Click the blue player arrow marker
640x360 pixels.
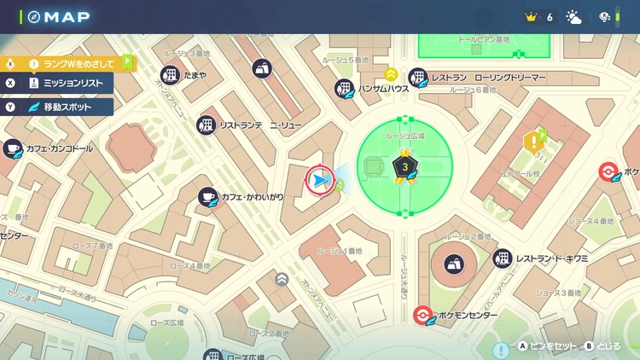coord(319,179)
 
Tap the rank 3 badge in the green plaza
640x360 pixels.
coord(405,167)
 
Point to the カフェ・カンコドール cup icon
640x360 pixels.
coord(11,149)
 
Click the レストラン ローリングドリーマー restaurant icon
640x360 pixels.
coord(418,78)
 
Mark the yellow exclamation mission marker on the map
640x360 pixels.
coord(535,141)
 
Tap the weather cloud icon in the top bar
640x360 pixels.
coord(573,17)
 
